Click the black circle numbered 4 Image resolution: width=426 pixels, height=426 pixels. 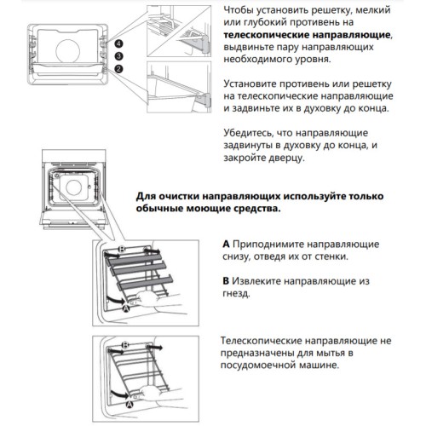pyautogui.click(x=119, y=43)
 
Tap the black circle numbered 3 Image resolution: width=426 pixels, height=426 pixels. pyautogui.click(x=119, y=55)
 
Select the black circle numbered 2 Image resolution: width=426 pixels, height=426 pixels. pyautogui.click(x=119, y=68)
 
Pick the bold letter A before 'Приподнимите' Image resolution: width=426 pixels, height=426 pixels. pyautogui.click(x=226, y=243)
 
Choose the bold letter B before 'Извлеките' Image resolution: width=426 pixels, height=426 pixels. pyautogui.click(x=226, y=279)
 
